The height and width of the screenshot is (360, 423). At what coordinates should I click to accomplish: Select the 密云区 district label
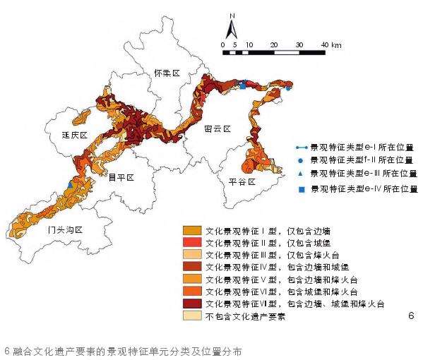(x=217, y=129)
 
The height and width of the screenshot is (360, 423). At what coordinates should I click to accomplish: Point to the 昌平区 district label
(x=120, y=178)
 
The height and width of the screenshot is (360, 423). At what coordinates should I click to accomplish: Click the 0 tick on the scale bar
(x=223, y=44)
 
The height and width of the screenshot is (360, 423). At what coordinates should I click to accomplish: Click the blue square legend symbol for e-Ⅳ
(x=300, y=189)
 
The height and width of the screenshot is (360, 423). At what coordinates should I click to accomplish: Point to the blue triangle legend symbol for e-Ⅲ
(x=300, y=173)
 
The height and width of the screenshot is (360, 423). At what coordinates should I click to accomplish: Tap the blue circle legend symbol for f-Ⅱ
(x=300, y=160)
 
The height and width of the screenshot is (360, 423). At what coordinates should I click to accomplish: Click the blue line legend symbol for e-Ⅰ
(x=300, y=148)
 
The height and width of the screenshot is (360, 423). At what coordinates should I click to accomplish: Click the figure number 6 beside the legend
(x=410, y=316)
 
